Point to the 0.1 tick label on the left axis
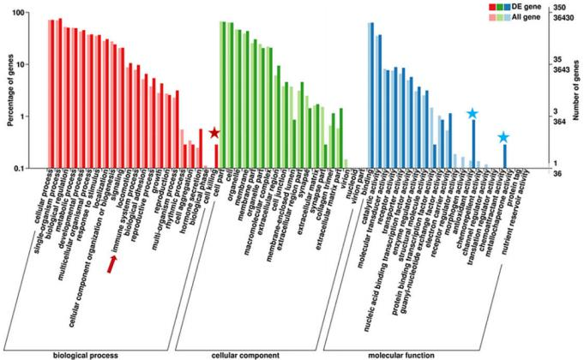[27, 168]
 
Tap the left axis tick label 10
[28, 65]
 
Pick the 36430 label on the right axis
[563, 19]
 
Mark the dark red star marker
[214, 133]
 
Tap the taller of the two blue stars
[473, 114]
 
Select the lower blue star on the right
[503, 137]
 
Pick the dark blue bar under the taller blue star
[473, 143]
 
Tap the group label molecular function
[404, 354]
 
